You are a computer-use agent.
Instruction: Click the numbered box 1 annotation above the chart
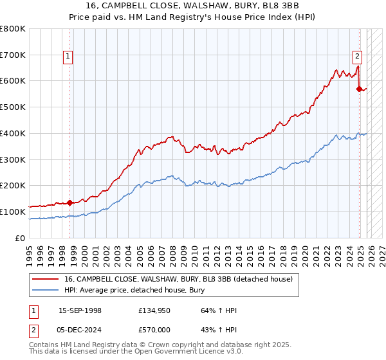click(x=69, y=57)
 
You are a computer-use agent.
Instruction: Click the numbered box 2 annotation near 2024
click(x=358, y=57)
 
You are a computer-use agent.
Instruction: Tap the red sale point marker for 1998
click(x=69, y=203)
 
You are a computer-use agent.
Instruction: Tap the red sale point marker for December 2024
click(x=360, y=89)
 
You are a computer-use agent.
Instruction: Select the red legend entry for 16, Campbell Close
click(x=178, y=279)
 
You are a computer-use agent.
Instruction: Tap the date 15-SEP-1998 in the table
click(x=80, y=311)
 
